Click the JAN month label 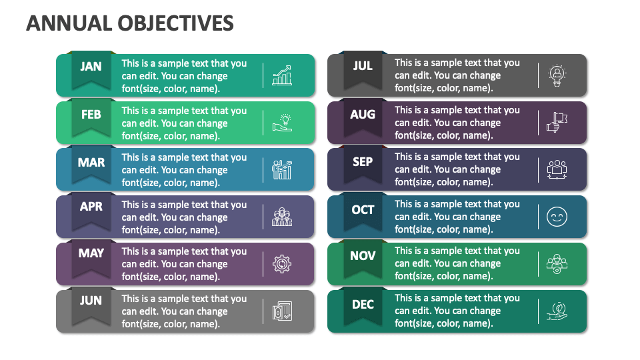coord(91,66)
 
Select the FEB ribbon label coord(91,114)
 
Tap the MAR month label coord(91,162)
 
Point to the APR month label coord(91,207)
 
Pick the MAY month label coord(91,253)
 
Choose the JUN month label coord(91,300)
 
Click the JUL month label coord(363,66)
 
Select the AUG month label coord(363,114)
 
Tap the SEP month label coord(363,161)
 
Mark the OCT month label coord(363,209)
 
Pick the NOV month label coord(363,255)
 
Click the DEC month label coord(363,304)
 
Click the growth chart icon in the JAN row coord(281,75)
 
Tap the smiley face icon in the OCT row coord(556,217)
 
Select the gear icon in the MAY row coord(281,264)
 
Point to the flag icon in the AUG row coord(556,122)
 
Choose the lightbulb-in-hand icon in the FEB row coord(282,123)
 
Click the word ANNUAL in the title coord(59,23)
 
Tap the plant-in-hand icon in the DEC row coord(556,311)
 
